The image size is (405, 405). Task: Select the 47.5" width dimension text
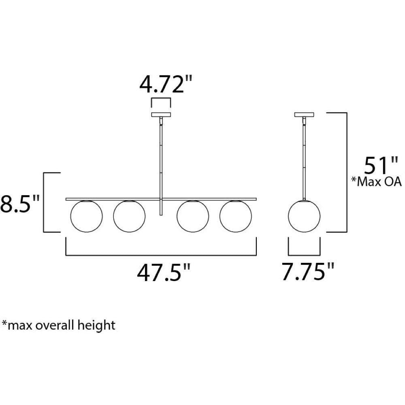click(x=164, y=273)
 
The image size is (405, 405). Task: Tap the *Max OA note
click(x=377, y=182)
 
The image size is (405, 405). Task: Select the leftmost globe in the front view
click(x=86, y=216)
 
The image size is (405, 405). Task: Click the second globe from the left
click(x=129, y=216)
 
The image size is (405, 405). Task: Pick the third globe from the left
click(x=193, y=216)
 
